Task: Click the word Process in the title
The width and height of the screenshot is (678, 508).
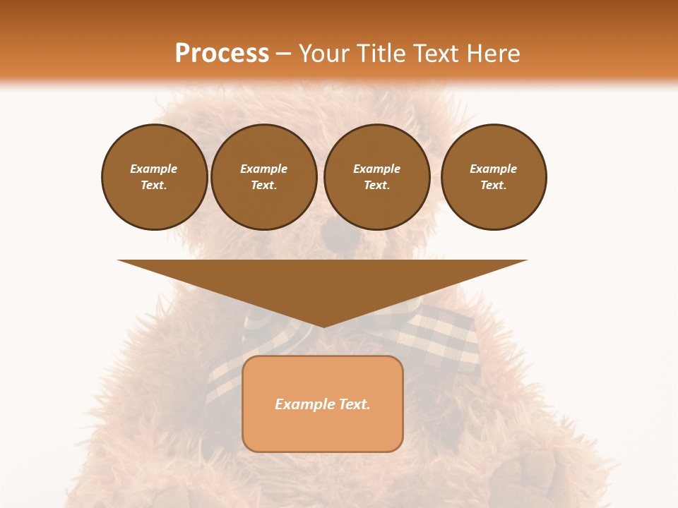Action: pyautogui.click(x=222, y=54)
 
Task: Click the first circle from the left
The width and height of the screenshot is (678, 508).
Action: pyautogui.click(x=154, y=177)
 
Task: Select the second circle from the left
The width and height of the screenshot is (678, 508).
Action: pyautogui.click(x=264, y=177)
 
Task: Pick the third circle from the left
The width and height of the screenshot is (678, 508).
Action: pyautogui.click(x=376, y=177)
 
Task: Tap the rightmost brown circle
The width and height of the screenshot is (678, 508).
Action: pyautogui.click(x=494, y=177)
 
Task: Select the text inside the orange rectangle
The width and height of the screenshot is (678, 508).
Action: pyautogui.click(x=323, y=404)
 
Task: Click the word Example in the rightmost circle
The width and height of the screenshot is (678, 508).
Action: pyautogui.click(x=494, y=169)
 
